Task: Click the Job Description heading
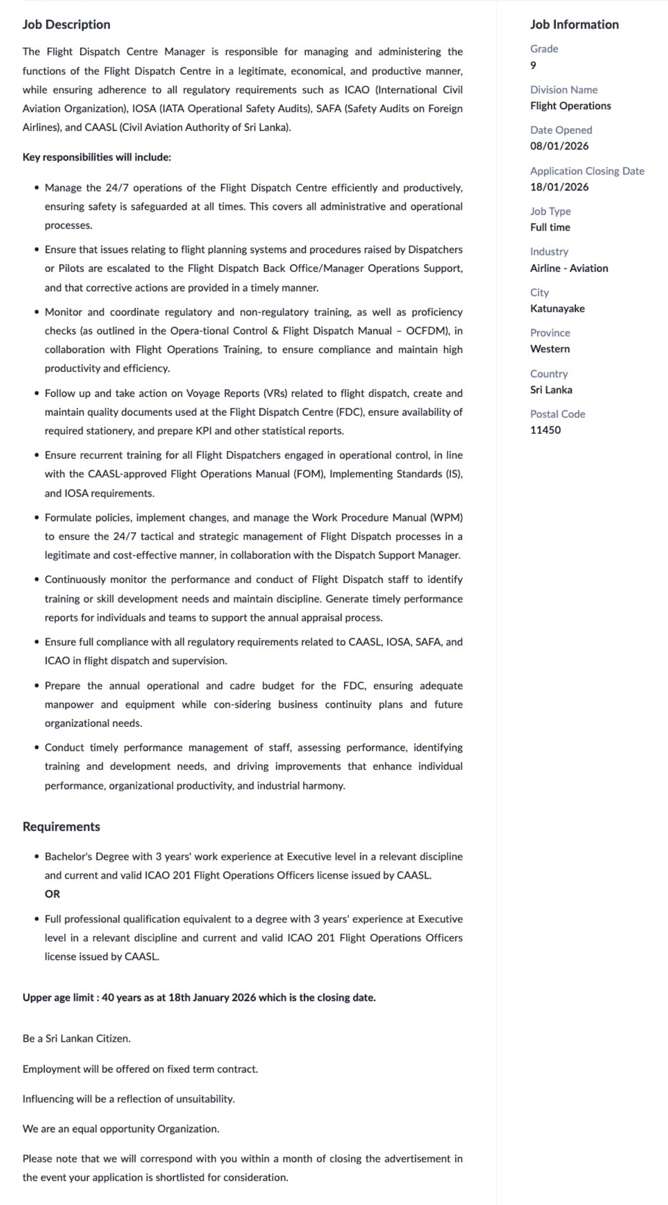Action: pyautogui.click(x=66, y=24)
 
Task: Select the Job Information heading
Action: pyautogui.click(x=574, y=24)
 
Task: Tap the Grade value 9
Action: pyautogui.click(x=533, y=65)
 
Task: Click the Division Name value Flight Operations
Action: pyautogui.click(x=570, y=106)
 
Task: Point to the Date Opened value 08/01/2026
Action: pyautogui.click(x=559, y=146)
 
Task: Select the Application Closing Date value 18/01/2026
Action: pyautogui.click(x=559, y=187)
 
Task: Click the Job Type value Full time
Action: pyautogui.click(x=550, y=227)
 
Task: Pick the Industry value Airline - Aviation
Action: pyautogui.click(x=569, y=268)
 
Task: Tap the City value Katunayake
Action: pyautogui.click(x=557, y=309)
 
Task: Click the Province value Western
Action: pyautogui.click(x=550, y=349)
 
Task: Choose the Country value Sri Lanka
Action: pyautogui.click(x=551, y=390)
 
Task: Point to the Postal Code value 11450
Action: pyautogui.click(x=545, y=430)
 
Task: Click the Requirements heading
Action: pyautogui.click(x=61, y=826)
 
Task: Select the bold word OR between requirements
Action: pyautogui.click(x=52, y=894)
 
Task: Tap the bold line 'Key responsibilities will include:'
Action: pyautogui.click(x=97, y=157)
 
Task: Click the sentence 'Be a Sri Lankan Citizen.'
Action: pyautogui.click(x=76, y=1039)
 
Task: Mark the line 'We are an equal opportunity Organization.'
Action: pyautogui.click(x=121, y=1129)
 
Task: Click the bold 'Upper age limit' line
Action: pyautogui.click(x=199, y=998)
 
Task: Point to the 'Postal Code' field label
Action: pyautogui.click(x=558, y=414)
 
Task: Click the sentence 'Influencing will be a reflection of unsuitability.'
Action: pyautogui.click(x=129, y=1099)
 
